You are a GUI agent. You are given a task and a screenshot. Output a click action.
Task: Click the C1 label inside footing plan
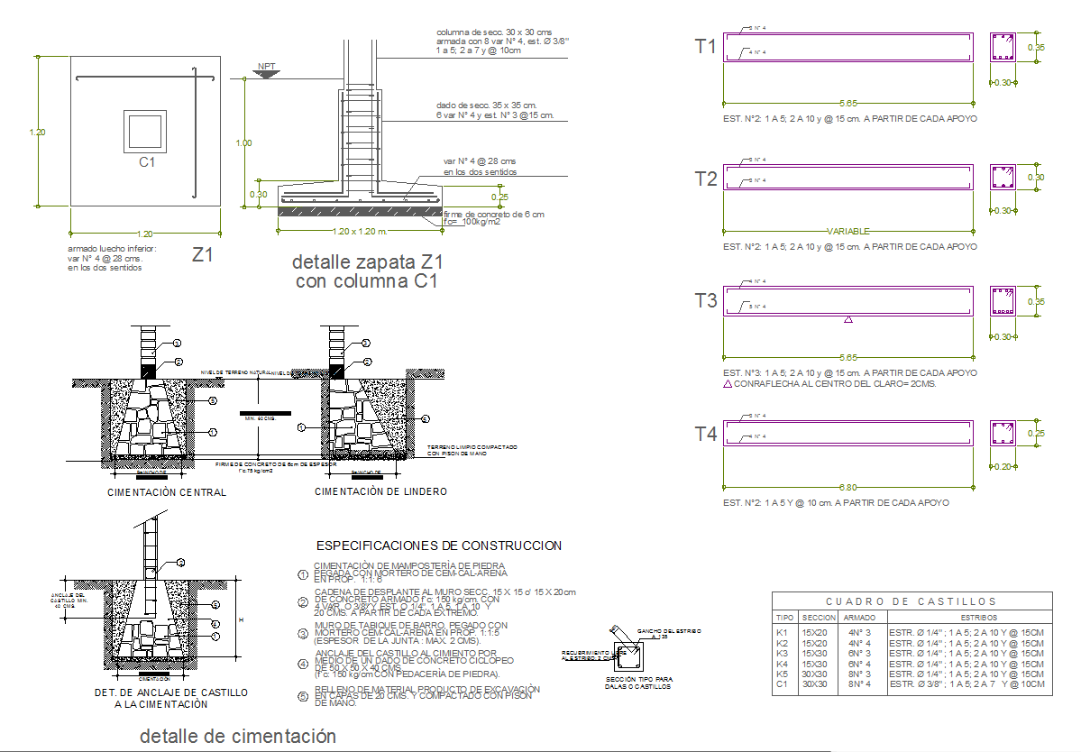tap(147, 162)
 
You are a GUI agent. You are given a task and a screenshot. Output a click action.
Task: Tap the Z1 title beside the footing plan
tap(203, 255)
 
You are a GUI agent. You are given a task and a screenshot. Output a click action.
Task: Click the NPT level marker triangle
tap(266, 73)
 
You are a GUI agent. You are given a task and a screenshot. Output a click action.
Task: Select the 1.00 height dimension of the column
tap(243, 142)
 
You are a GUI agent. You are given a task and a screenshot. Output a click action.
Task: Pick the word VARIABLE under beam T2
tap(848, 232)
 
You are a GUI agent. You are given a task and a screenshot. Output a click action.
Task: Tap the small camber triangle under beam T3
tap(847, 319)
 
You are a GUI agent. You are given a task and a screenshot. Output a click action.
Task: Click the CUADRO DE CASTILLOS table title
tap(912, 601)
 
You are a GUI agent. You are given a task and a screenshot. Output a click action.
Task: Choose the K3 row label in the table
tap(783, 652)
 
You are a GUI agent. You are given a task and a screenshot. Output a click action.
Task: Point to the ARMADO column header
tap(858, 618)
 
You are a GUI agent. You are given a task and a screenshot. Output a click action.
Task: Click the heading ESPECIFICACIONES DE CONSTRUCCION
tap(438, 546)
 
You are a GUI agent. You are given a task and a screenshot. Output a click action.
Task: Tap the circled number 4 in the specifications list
tap(303, 664)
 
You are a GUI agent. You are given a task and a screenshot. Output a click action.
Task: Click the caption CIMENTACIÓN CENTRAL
tap(167, 492)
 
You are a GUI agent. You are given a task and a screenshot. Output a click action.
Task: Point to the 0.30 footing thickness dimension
tap(258, 194)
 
